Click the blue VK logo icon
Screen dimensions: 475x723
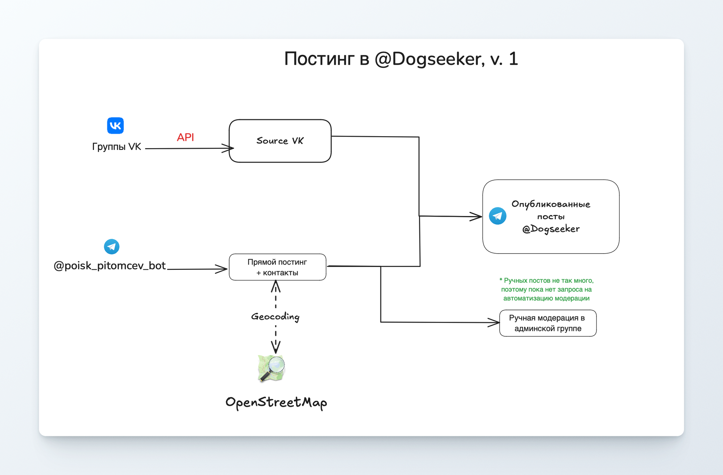coord(115,125)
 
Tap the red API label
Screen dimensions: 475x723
coord(185,137)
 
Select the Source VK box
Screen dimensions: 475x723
coord(280,141)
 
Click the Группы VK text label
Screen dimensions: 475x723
coord(116,147)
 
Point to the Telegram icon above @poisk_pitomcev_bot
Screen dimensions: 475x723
coord(111,247)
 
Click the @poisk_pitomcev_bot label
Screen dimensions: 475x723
coord(110,266)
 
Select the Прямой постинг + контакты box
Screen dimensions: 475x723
coord(277,267)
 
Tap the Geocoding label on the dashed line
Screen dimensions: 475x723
coord(275,316)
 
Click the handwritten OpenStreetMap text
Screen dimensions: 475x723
coord(276,402)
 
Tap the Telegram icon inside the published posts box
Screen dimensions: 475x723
coord(497,216)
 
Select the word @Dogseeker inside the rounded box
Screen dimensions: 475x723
coord(551,229)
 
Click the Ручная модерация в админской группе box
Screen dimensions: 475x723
coord(548,323)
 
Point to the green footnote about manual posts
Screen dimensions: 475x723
coord(546,289)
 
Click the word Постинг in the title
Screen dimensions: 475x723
coord(319,59)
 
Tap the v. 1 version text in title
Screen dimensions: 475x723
coord(504,59)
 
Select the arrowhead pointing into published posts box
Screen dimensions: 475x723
coord(477,217)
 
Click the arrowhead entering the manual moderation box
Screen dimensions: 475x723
coord(495,323)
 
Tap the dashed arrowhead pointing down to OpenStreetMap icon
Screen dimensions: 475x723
coord(276,348)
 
